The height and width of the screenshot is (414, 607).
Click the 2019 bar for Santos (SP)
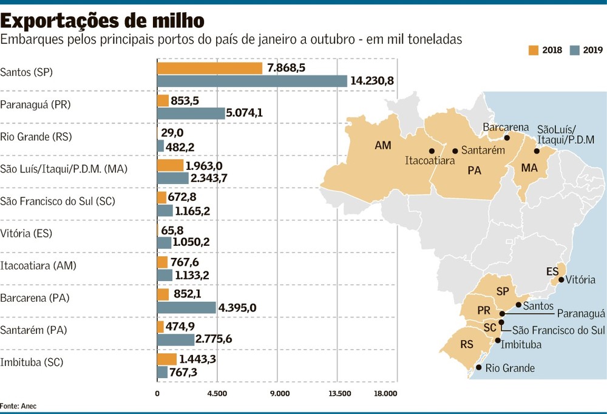point(252,81)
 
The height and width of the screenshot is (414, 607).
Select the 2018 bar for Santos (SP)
point(210,68)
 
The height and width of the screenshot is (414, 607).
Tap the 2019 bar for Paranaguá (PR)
point(191,114)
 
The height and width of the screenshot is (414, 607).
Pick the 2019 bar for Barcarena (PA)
point(186,308)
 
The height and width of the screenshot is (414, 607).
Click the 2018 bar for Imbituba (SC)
point(167,359)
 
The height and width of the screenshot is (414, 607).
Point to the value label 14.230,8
point(372,81)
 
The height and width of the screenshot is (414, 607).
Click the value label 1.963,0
point(204,166)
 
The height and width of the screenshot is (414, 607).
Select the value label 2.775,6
point(214,339)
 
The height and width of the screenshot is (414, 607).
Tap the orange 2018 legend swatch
point(534,50)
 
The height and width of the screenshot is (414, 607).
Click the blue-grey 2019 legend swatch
point(575,50)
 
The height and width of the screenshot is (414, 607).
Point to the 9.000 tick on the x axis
point(280,394)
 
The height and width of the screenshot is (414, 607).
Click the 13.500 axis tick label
point(340,394)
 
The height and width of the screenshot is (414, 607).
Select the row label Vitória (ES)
point(26,234)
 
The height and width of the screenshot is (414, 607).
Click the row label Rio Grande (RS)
point(36,137)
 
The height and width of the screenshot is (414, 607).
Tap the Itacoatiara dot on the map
point(432,151)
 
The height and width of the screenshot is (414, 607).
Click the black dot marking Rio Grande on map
point(478,367)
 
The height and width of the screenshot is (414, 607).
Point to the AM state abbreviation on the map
point(383,145)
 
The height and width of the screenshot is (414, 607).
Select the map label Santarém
point(483,151)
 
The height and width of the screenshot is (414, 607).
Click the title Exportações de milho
point(102,21)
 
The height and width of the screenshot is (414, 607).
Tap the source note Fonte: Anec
point(18,406)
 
